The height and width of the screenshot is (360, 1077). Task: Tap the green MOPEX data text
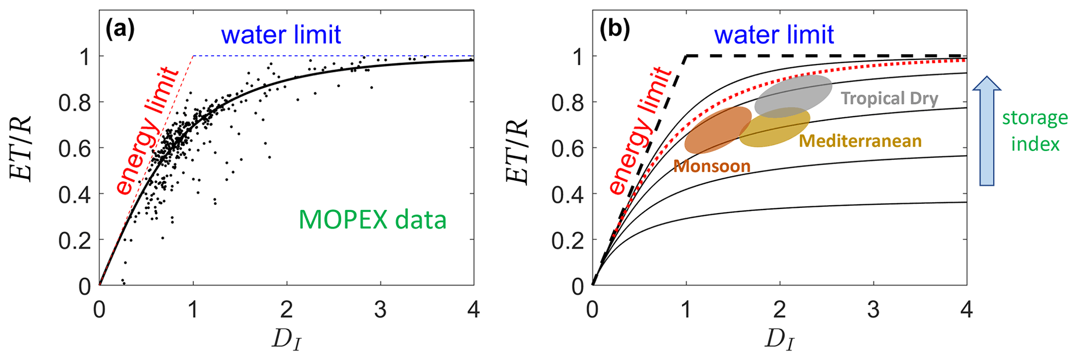(x=372, y=219)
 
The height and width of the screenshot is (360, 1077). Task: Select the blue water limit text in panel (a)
(x=281, y=35)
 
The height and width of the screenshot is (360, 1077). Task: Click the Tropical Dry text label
(x=889, y=98)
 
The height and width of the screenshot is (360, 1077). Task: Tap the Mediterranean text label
(x=860, y=141)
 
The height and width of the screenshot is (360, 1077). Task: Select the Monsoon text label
(x=712, y=166)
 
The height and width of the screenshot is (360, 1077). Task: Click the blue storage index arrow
(x=987, y=130)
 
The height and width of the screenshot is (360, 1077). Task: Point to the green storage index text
(x=1035, y=130)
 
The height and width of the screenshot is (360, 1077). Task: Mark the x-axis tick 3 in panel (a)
(x=380, y=311)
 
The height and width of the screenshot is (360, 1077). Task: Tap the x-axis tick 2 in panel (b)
(x=780, y=311)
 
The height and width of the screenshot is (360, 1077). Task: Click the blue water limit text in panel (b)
(x=774, y=35)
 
